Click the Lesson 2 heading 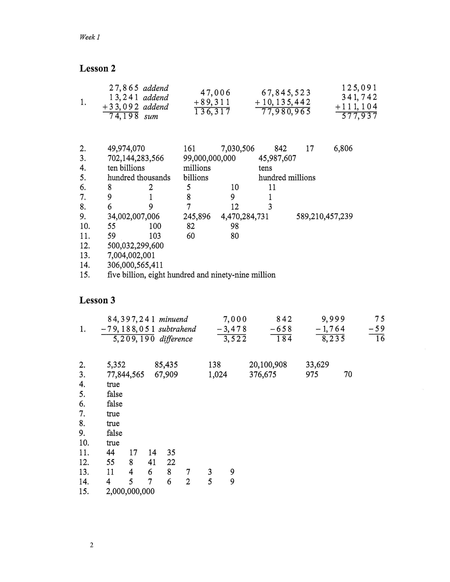pyautogui.click(x=97, y=68)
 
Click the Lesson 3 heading pyautogui.click(x=97, y=300)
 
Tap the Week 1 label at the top pyautogui.click(x=90, y=37)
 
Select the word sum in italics pyautogui.click(x=151, y=117)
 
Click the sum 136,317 pyautogui.click(x=212, y=111)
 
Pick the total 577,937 pyautogui.click(x=359, y=116)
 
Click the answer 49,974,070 pyautogui.click(x=126, y=148)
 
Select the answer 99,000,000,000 pyautogui.click(x=209, y=158)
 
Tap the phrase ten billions pyautogui.click(x=126, y=168)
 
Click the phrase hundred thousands pyautogui.click(x=139, y=178)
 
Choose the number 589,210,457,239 pyautogui.click(x=324, y=216)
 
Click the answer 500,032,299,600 pyautogui.click(x=135, y=246)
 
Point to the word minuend pyautogui.click(x=173, y=319)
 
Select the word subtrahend pyautogui.click(x=178, y=329)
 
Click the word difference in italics pyautogui.click(x=176, y=339)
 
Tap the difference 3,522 pyautogui.click(x=235, y=339)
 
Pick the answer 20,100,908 pyautogui.click(x=268, y=364)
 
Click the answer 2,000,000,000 pyautogui.click(x=130, y=491)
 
